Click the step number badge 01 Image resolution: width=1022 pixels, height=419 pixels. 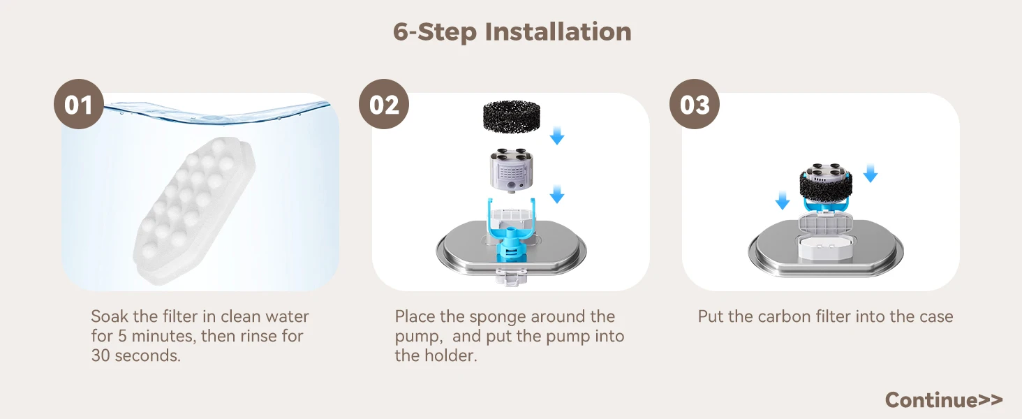click(x=79, y=104)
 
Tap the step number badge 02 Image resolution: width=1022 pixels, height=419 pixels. click(x=384, y=104)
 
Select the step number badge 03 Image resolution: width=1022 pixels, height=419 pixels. click(x=695, y=104)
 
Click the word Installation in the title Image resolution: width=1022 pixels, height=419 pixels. click(x=558, y=31)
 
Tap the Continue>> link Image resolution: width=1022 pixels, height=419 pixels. click(x=944, y=400)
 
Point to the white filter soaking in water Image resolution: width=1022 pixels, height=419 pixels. click(x=194, y=210)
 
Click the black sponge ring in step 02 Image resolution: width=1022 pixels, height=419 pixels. click(x=512, y=117)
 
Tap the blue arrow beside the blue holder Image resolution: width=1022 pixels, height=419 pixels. click(x=556, y=194)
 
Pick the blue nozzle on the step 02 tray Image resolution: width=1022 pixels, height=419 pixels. click(x=511, y=249)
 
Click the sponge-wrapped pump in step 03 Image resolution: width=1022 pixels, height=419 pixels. click(x=826, y=185)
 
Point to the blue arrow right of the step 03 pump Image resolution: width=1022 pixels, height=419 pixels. click(x=871, y=173)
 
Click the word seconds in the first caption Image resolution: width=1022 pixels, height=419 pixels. click(x=147, y=355)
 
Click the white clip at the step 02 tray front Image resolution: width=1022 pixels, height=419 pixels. click(x=511, y=276)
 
